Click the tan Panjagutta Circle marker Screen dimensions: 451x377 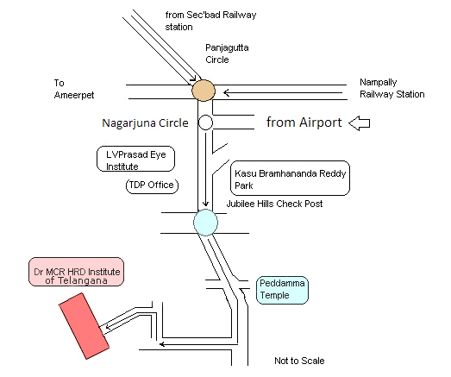point(204,91)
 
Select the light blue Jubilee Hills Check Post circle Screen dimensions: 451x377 point(205,223)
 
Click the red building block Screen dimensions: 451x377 point(84,326)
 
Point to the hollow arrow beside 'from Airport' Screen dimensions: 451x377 point(360,123)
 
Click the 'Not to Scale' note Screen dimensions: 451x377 point(299,361)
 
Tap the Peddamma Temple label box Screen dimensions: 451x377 point(282,290)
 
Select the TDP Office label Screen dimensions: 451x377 point(152,185)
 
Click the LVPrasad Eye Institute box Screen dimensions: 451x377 point(135,159)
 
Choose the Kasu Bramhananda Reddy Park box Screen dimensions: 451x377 point(291,178)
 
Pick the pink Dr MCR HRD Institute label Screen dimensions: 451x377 point(76,272)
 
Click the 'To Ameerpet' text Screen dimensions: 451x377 point(74,89)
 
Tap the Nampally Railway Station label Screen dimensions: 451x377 point(392,88)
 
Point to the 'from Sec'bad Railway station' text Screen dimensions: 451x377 point(210,21)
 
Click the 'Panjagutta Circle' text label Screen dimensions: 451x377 point(227,53)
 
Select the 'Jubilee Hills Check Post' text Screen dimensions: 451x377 point(274,204)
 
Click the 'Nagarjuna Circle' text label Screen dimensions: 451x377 point(145,123)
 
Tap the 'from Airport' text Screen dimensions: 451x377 point(304,123)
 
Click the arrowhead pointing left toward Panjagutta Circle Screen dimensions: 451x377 point(227,93)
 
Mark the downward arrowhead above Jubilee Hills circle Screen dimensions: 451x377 point(205,204)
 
